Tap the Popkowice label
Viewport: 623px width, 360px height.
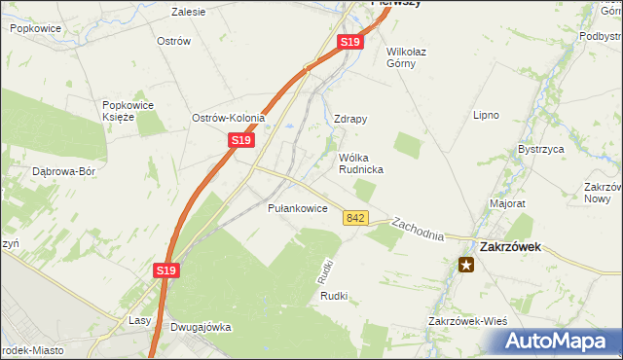37,29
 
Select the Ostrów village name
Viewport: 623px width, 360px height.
172,42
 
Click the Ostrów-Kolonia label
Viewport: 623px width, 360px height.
229,118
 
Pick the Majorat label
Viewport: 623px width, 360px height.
508,204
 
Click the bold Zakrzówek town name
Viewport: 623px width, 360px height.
506,247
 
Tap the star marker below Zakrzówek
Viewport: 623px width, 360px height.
467,264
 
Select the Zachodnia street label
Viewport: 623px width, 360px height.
418,230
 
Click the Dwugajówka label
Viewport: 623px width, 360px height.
201,327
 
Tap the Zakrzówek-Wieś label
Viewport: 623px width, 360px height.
468,321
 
